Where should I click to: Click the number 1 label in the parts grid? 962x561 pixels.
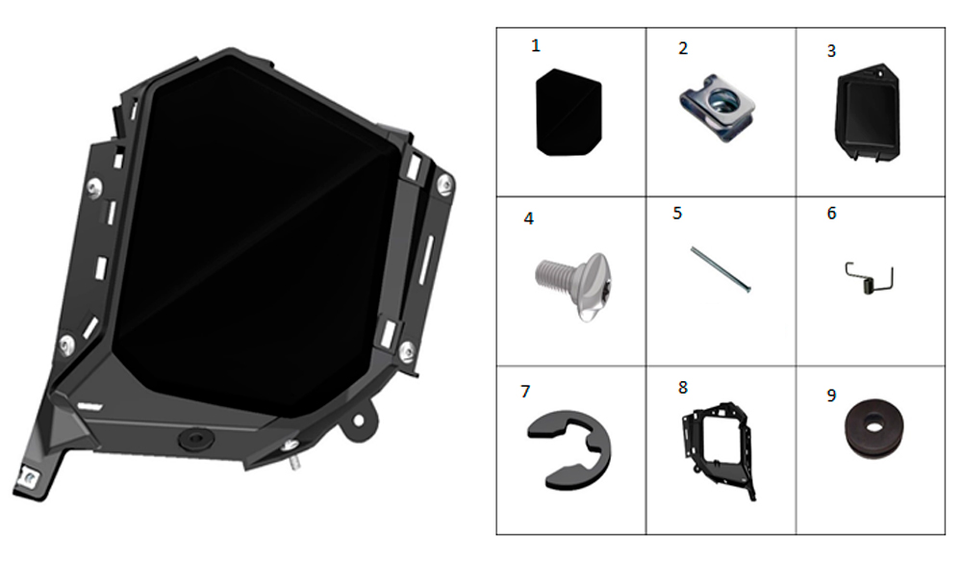click(536, 46)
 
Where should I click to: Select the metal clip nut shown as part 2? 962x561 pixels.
click(718, 108)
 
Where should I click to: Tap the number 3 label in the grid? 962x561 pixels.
click(831, 51)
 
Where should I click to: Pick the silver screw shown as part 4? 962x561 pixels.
click(574, 285)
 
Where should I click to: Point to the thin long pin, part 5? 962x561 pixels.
click(721, 269)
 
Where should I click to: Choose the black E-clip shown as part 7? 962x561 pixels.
click(570, 450)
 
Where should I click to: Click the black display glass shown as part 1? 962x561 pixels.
click(569, 113)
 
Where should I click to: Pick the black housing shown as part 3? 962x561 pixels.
click(867, 113)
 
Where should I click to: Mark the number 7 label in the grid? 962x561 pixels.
click(525, 392)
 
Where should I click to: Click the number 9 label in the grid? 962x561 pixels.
click(831, 395)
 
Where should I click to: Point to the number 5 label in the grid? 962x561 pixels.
click(677, 213)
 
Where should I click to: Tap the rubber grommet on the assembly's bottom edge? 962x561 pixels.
click(195, 440)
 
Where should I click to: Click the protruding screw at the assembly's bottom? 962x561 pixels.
click(292, 454)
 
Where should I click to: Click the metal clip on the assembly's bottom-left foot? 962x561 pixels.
click(29, 477)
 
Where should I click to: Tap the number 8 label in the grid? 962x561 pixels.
click(683, 388)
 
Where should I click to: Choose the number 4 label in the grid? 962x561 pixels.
click(529, 218)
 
